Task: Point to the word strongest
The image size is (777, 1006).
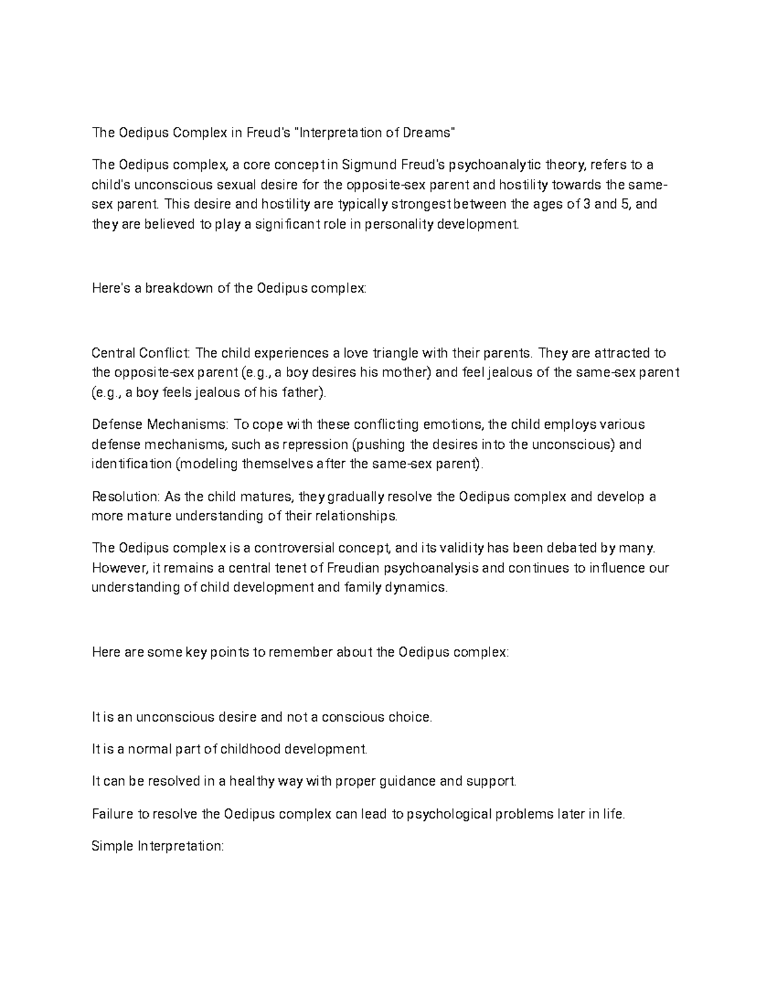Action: tap(388, 205)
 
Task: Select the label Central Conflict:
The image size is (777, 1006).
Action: tap(141, 353)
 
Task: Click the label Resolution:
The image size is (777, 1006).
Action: tap(126, 497)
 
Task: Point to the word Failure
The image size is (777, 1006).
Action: tap(111, 814)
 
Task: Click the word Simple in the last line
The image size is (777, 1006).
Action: tap(111, 846)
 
